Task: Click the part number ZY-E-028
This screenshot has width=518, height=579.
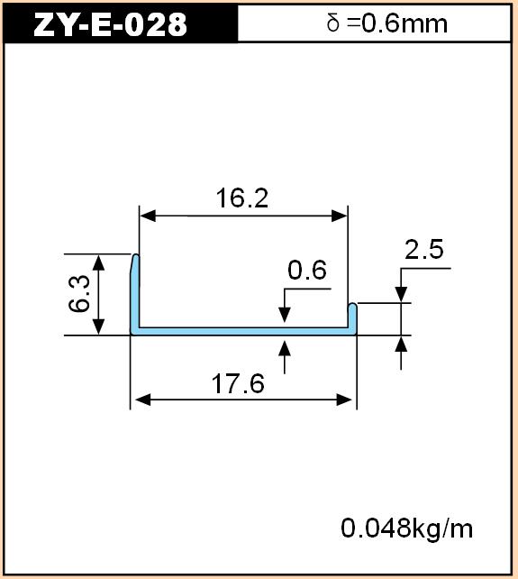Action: [x=110, y=24]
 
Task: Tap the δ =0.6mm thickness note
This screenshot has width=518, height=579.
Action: [x=387, y=23]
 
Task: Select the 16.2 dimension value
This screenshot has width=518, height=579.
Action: [x=241, y=198]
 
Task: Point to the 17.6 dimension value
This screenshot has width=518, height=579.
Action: [x=238, y=383]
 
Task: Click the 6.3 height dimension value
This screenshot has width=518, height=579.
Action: [x=79, y=294]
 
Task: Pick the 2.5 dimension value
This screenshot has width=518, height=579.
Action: [x=424, y=249]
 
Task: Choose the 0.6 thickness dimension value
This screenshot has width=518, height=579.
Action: [x=307, y=270]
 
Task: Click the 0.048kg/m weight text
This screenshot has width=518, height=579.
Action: [x=406, y=528]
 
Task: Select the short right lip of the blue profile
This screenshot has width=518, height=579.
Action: [x=352, y=317]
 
